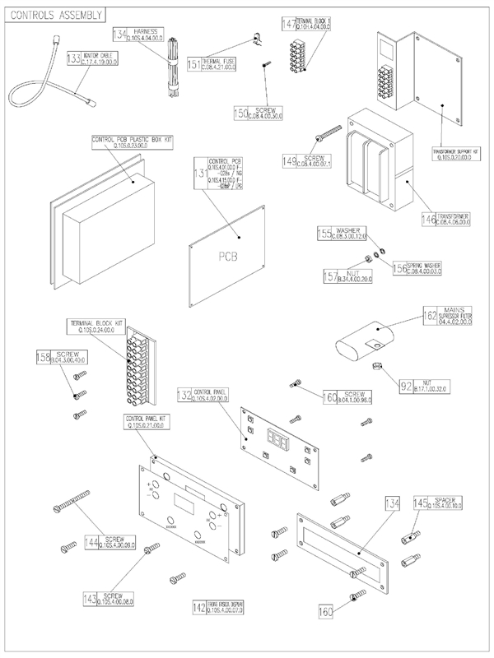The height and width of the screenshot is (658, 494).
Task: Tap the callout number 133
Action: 74,58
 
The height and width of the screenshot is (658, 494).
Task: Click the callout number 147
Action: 288,24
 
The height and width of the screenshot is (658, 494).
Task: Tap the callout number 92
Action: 406,383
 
